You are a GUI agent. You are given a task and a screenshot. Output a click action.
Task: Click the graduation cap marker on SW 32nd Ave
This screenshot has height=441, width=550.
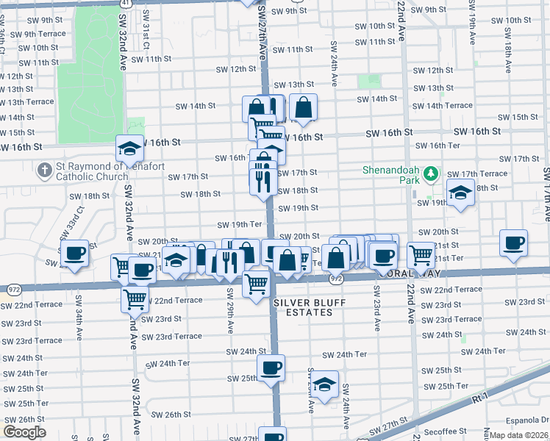(129, 149)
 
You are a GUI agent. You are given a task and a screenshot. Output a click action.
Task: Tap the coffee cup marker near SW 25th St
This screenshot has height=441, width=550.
(271, 367)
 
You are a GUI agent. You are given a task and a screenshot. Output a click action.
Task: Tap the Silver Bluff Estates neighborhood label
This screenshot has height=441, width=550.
(303, 307)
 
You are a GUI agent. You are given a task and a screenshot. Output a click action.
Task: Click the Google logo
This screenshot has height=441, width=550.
(24, 432)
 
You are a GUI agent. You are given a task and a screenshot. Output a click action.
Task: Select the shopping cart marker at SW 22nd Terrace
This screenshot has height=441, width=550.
(135, 298)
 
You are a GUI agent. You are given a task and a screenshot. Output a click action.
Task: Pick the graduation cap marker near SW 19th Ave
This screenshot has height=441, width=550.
(460, 193)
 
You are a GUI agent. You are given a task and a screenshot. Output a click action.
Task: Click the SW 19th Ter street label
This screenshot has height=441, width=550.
(239, 224)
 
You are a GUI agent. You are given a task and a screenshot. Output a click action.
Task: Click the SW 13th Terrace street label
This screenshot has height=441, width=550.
(27, 102)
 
